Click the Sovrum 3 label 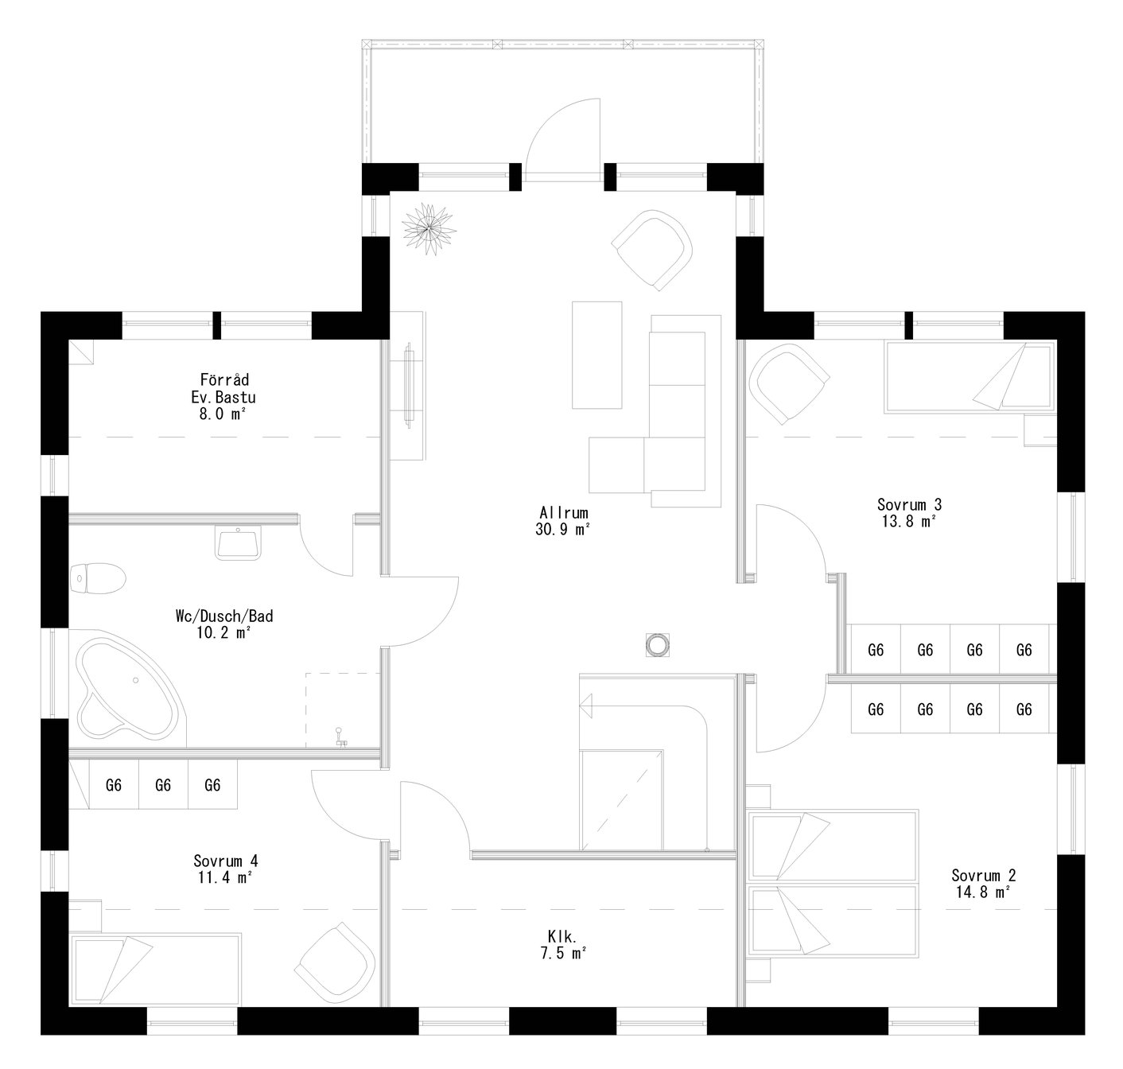909,504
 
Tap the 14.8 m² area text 983,892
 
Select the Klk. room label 562,935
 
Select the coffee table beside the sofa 596,355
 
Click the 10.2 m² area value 225,633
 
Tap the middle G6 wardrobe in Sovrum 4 163,785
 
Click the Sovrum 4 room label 225,861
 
